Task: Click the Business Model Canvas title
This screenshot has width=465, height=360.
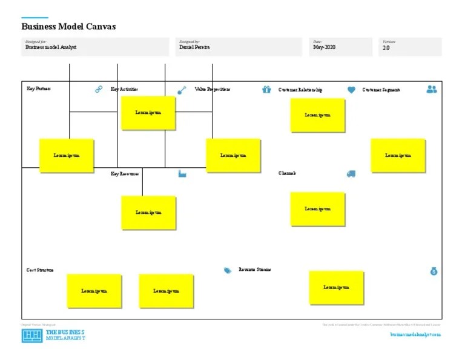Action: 68,27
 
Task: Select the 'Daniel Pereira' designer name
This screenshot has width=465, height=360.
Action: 194,47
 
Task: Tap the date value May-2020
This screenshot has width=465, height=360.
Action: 324,47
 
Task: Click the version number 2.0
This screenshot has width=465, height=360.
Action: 386,47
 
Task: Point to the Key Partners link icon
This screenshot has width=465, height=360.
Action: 99,90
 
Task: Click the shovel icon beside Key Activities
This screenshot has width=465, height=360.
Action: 182,90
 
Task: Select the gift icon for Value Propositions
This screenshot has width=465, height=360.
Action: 266,90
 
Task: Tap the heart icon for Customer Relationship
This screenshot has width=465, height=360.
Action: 351,90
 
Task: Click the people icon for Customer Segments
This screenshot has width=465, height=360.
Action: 431,89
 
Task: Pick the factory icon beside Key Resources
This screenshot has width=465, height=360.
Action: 182,173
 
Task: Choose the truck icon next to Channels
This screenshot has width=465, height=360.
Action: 351,174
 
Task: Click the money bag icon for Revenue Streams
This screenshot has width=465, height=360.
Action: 434,271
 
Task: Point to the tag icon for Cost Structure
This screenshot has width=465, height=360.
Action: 228,270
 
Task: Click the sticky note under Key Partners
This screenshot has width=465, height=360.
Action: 67,156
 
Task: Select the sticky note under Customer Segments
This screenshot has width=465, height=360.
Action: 398,156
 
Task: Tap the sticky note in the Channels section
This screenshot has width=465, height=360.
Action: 318,209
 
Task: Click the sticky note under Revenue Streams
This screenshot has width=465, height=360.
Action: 337,287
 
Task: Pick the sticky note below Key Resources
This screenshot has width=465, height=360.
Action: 148,213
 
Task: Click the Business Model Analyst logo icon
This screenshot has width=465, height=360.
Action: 31,336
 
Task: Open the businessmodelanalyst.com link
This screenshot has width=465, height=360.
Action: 415,335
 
